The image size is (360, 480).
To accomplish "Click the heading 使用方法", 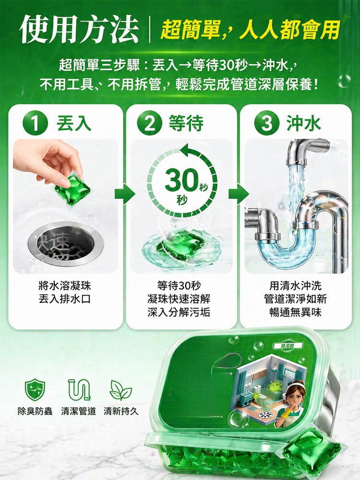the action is pos(79,30).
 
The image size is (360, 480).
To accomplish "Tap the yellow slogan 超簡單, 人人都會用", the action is pos(250,30).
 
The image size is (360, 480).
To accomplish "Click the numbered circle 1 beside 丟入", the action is pos(36,123).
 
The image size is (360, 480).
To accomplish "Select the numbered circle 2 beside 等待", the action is pos(149,123).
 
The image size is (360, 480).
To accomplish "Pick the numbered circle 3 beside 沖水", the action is pos(266,123).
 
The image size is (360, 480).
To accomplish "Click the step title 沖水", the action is pos(304,123).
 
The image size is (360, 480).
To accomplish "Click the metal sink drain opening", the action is pos(66,244).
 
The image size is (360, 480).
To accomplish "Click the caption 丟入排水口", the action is pos(65,299).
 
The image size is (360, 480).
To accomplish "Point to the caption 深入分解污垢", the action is pos(179,312).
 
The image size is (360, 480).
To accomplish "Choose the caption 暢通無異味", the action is pos(295,312).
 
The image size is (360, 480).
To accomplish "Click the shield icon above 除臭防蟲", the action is pos(35,389).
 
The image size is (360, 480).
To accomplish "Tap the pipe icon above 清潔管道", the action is pos(79,389).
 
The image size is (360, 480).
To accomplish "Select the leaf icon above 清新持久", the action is pos(121,390).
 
